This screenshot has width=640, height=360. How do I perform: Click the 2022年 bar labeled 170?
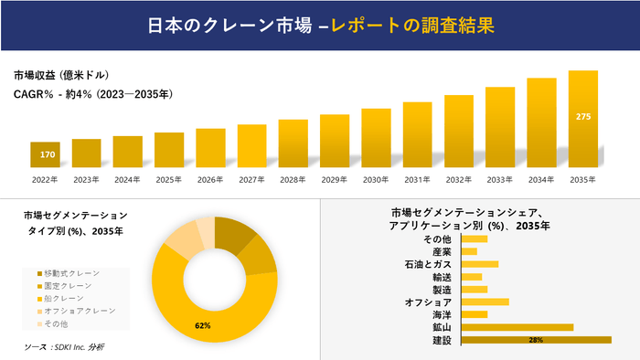[45, 154]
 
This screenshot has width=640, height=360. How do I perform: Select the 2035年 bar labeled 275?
[583, 118]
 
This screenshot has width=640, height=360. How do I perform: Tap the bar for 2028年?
[293, 143]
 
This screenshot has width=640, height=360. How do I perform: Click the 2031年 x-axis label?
[417, 180]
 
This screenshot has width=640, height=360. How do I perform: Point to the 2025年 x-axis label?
[169, 180]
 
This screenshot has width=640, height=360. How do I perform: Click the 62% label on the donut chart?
[203, 325]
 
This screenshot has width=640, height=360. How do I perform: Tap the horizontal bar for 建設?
[537, 340]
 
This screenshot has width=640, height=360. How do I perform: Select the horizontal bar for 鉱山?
[517, 327]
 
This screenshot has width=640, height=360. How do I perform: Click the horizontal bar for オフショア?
[485, 302]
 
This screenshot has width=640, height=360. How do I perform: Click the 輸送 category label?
[442, 277]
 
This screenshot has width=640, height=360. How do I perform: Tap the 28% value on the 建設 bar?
[536, 340]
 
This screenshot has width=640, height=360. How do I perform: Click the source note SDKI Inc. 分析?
[64, 347]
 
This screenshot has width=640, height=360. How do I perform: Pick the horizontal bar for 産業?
[470, 251]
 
